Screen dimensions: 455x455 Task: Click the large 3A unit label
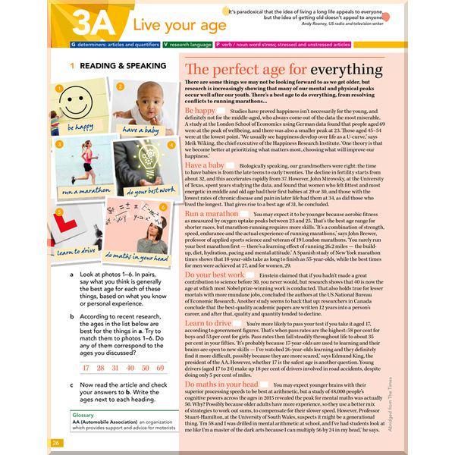(95, 23)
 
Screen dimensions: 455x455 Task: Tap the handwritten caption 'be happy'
(80, 127)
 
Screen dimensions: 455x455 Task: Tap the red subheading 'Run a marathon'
(212, 214)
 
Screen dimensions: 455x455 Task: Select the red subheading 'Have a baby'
(205, 165)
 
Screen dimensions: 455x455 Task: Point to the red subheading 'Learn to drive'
(208, 323)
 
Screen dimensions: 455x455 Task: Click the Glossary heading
(83, 416)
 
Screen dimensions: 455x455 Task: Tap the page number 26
(56, 442)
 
